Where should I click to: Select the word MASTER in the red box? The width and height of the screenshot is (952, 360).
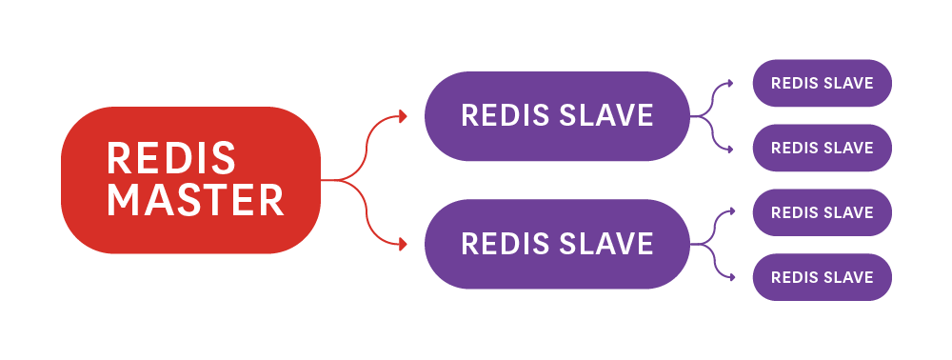point(195,200)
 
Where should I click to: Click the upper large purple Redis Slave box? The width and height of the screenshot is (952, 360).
point(557,115)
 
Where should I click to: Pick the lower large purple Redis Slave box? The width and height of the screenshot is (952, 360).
point(557,244)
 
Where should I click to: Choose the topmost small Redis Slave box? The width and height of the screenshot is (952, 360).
point(822,83)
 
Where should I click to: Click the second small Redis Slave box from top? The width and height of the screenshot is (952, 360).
point(822,148)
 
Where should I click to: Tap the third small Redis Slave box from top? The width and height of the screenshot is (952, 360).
point(822,212)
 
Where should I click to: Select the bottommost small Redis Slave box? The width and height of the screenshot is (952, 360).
point(822,277)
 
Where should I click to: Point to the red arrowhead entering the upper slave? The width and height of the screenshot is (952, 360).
point(403,116)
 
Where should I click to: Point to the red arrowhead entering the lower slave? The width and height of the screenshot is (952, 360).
point(403,244)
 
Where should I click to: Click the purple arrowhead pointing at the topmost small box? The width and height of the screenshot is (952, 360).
point(730,83)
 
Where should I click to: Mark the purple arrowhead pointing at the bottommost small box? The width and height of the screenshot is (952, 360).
point(730,277)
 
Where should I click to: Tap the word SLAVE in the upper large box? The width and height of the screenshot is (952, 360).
point(606,115)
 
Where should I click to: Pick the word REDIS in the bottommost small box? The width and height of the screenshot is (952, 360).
point(793,277)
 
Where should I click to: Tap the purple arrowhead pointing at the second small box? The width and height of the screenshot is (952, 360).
point(730,148)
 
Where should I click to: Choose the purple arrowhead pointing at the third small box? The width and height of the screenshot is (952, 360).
point(730,211)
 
